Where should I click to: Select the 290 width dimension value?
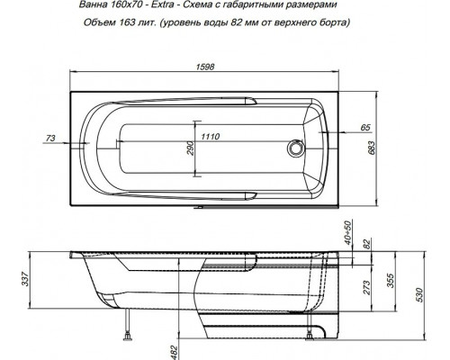(x=191, y=148)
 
